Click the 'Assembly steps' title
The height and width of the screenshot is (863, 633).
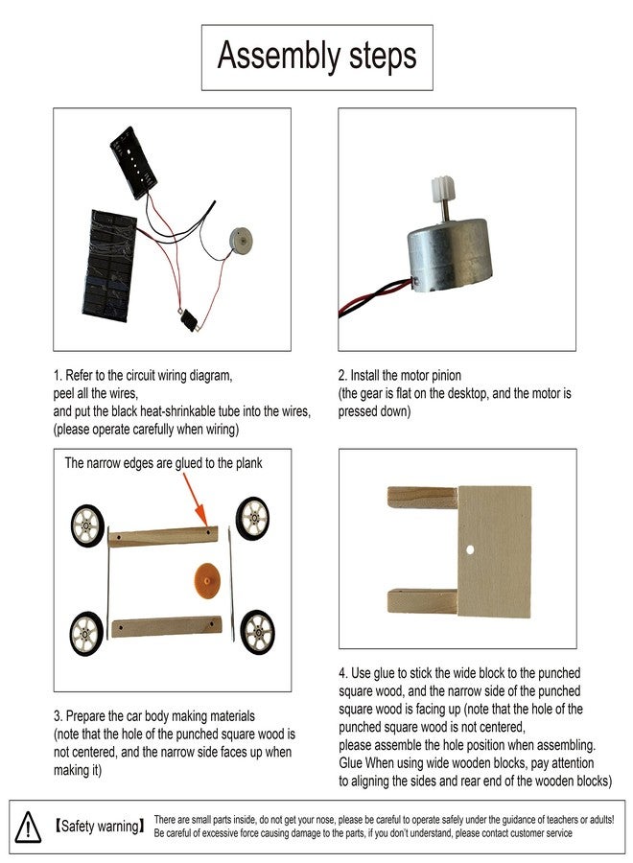pos(316,57)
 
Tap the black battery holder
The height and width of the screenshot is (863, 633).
pos(133,162)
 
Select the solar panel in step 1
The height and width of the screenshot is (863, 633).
pos(109,266)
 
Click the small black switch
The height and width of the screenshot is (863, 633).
pos(190,319)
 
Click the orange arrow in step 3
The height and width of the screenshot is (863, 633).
pos(195,499)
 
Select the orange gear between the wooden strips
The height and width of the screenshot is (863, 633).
pos(207,582)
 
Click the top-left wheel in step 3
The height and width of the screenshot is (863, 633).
pos(87,525)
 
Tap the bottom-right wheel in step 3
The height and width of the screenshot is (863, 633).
pos(257,632)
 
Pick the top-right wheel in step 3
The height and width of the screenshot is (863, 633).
pos(252,519)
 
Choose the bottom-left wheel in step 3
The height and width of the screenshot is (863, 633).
pos(86,634)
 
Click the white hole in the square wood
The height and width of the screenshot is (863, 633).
pos(470,549)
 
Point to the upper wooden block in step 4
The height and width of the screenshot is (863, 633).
pos(422,497)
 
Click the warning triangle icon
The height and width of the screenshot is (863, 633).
pos(28,828)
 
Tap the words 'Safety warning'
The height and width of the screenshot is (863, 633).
pos(100,827)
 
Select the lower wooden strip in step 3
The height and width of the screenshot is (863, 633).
pos(166,626)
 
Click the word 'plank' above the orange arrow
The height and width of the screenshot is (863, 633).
pos(248,463)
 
